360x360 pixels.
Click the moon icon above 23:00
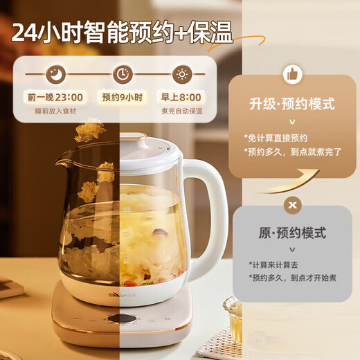point(55,74)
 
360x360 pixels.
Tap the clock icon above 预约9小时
point(123,74)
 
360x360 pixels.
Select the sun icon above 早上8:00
point(182,74)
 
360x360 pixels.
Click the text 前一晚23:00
point(55,97)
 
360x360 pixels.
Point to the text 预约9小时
point(123,97)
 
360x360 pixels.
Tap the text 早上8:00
point(182,97)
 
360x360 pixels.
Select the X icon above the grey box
point(292,205)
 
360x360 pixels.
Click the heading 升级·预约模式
point(291,105)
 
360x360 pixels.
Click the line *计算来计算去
point(274,264)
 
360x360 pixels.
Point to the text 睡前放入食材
point(55,111)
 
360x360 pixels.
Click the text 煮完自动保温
point(182,111)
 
